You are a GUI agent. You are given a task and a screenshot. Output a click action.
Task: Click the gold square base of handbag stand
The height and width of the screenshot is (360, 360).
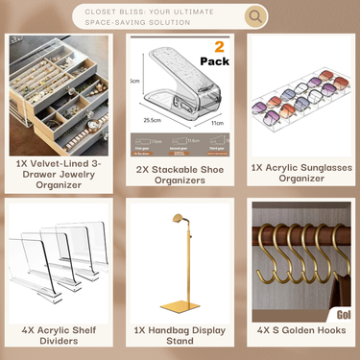[x=181, y=308]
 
